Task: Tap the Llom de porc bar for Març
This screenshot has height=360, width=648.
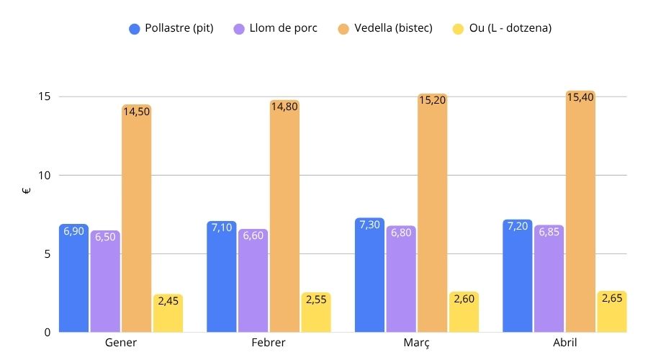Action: (x=401, y=281)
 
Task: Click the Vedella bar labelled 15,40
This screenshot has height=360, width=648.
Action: (x=580, y=216)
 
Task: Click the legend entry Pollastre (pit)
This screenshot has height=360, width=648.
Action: (x=171, y=29)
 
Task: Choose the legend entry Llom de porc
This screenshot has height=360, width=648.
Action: (x=276, y=29)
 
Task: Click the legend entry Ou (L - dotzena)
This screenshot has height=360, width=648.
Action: (x=503, y=29)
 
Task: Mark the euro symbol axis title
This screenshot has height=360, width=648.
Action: (x=27, y=192)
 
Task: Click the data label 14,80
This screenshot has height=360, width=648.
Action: (x=284, y=107)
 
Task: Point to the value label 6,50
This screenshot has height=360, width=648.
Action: (x=105, y=238)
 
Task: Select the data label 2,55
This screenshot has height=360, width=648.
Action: (x=316, y=299)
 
